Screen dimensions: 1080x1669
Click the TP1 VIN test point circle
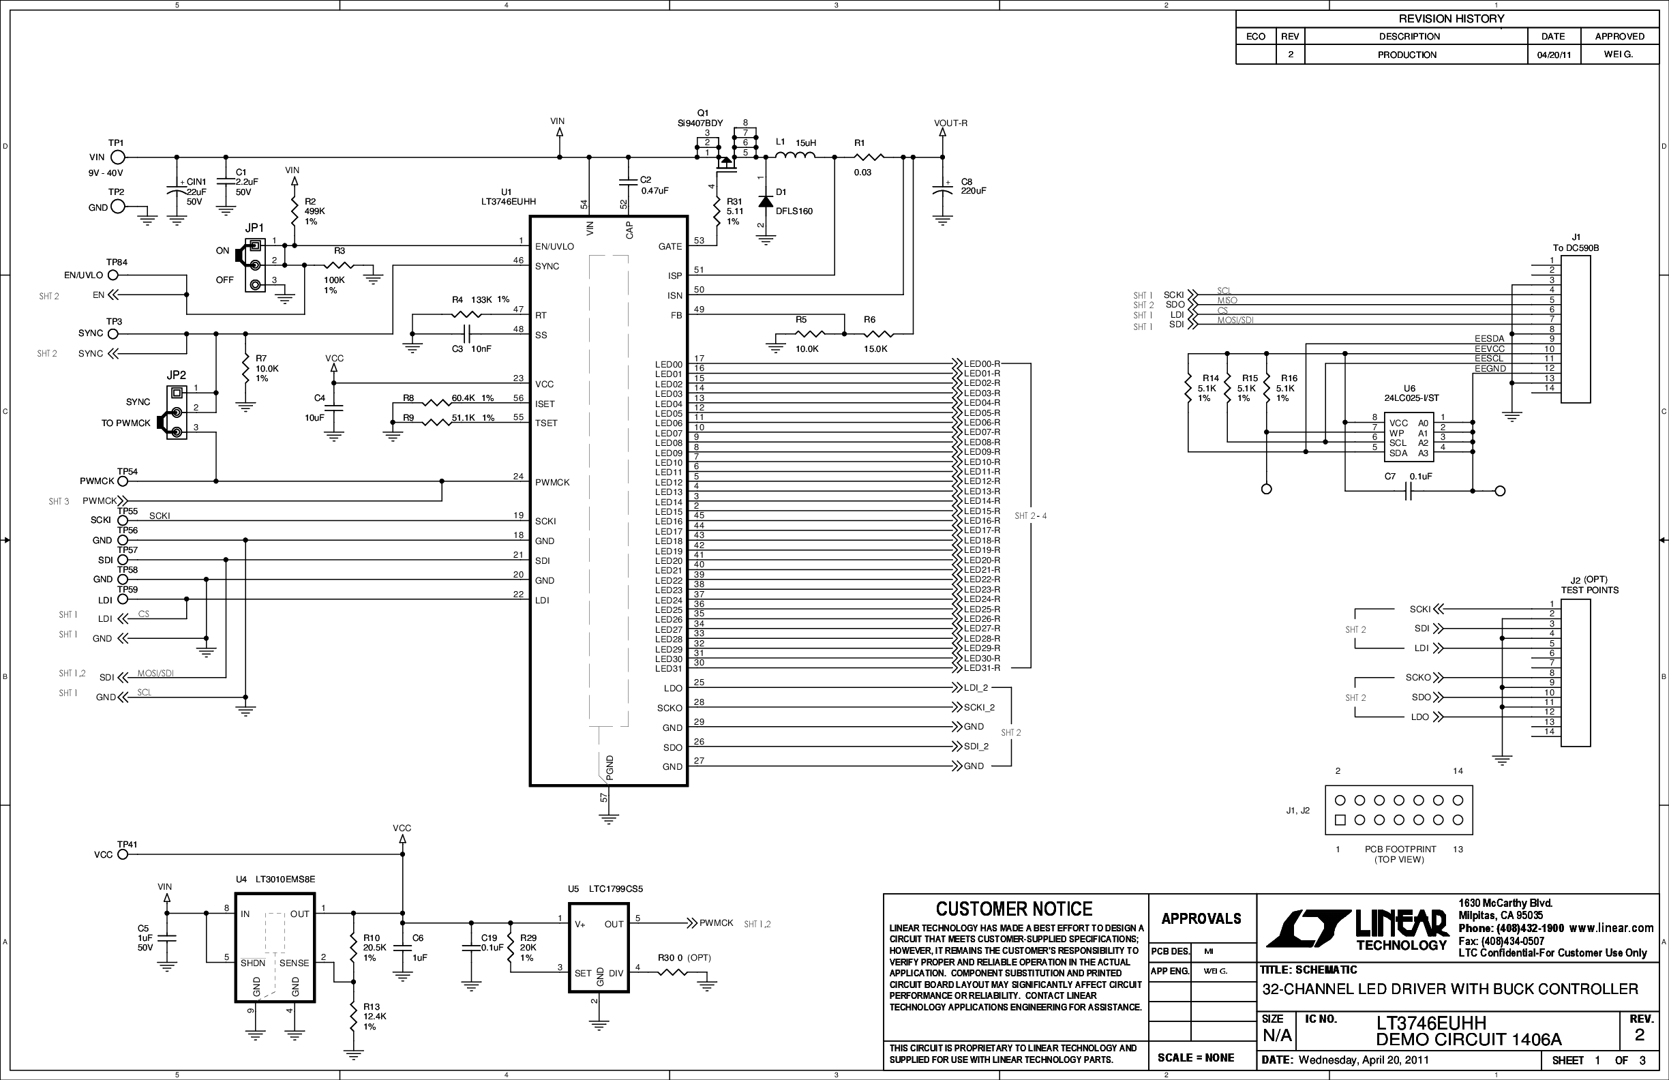click(118, 157)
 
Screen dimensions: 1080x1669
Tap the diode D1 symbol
click(766, 202)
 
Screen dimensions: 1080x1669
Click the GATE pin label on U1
click(670, 247)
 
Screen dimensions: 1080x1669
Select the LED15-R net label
click(982, 511)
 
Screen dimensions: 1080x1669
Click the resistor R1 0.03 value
click(862, 172)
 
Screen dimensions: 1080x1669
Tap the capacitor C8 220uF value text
click(974, 191)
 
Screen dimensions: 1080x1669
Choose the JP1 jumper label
click(254, 228)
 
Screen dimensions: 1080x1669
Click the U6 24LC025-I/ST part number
click(1411, 398)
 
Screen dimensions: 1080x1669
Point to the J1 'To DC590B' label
click(1576, 248)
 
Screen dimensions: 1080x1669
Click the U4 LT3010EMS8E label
click(285, 880)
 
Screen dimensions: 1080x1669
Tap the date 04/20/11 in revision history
click(1554, 55)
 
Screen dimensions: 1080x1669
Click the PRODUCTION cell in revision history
click(1407, 55)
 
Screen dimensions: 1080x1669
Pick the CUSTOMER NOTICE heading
click(1014, 910)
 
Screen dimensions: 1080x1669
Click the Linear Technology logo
click(1357, 929)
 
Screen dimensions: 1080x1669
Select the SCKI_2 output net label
click(979, 708)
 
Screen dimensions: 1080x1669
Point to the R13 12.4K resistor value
click(374, 1016)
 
